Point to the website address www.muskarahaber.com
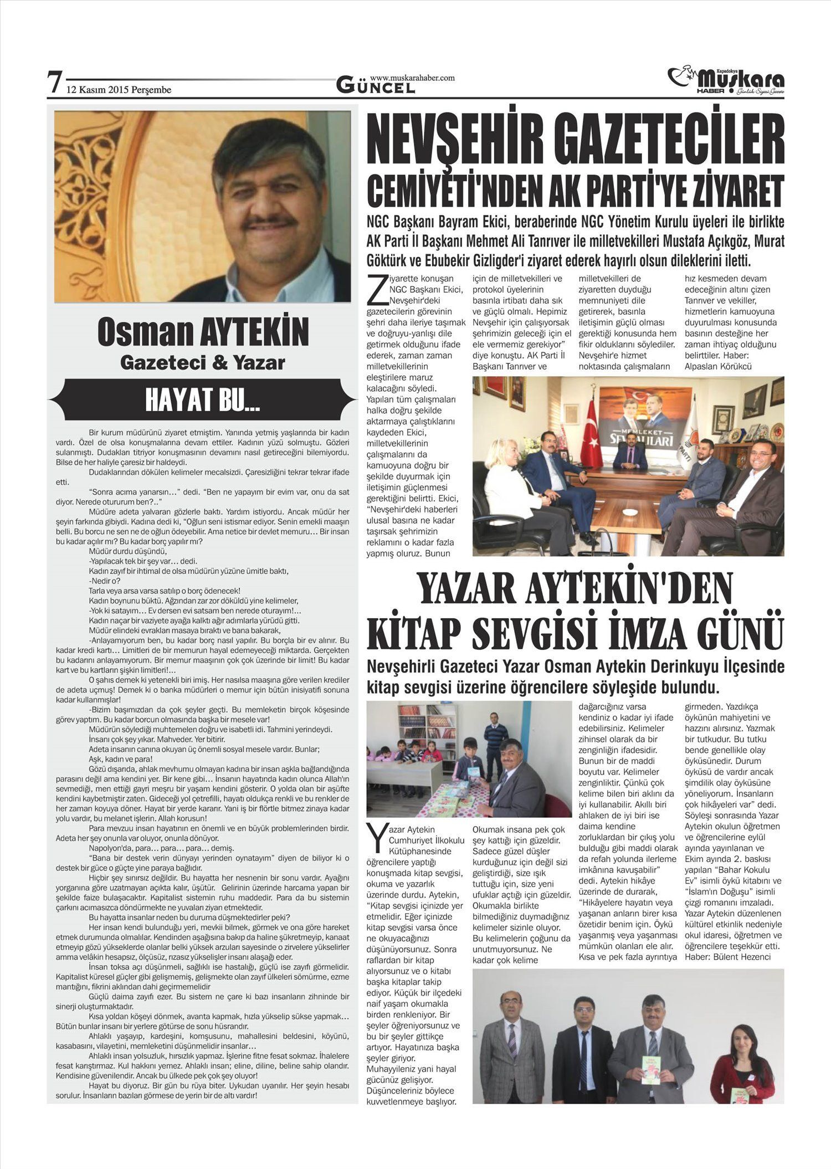412,78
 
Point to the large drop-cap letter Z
376,291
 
